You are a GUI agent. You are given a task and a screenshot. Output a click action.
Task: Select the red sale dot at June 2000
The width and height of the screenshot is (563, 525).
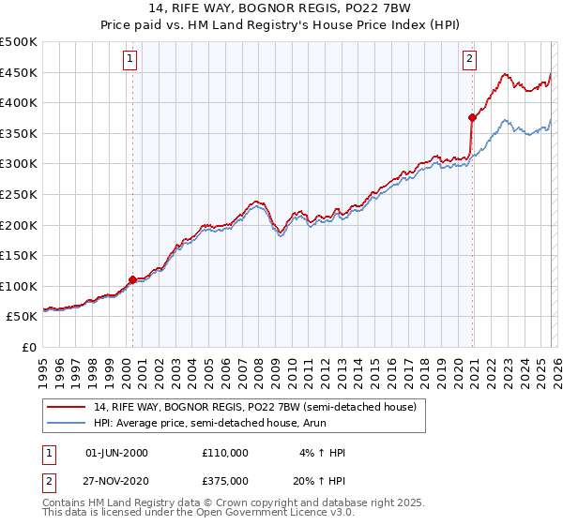(x=132, y=279)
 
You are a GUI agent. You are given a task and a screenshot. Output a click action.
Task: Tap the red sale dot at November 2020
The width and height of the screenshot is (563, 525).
(x=472, y=117)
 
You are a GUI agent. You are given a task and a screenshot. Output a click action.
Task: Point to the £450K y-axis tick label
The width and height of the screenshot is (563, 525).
(x=19, y=72)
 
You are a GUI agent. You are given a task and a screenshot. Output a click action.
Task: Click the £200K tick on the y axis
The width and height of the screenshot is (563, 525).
(x=19, y=225)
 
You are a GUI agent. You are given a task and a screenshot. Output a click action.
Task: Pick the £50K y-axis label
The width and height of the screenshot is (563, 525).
(x=23, y=317)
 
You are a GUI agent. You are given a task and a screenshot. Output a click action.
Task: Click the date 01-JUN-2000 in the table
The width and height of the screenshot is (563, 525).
(x=117, y=453)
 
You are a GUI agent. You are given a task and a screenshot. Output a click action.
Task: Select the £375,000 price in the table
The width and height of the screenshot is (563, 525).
(x=225, y=480)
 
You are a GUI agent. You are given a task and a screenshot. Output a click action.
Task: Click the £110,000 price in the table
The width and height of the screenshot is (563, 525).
(x=225, y=453)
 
